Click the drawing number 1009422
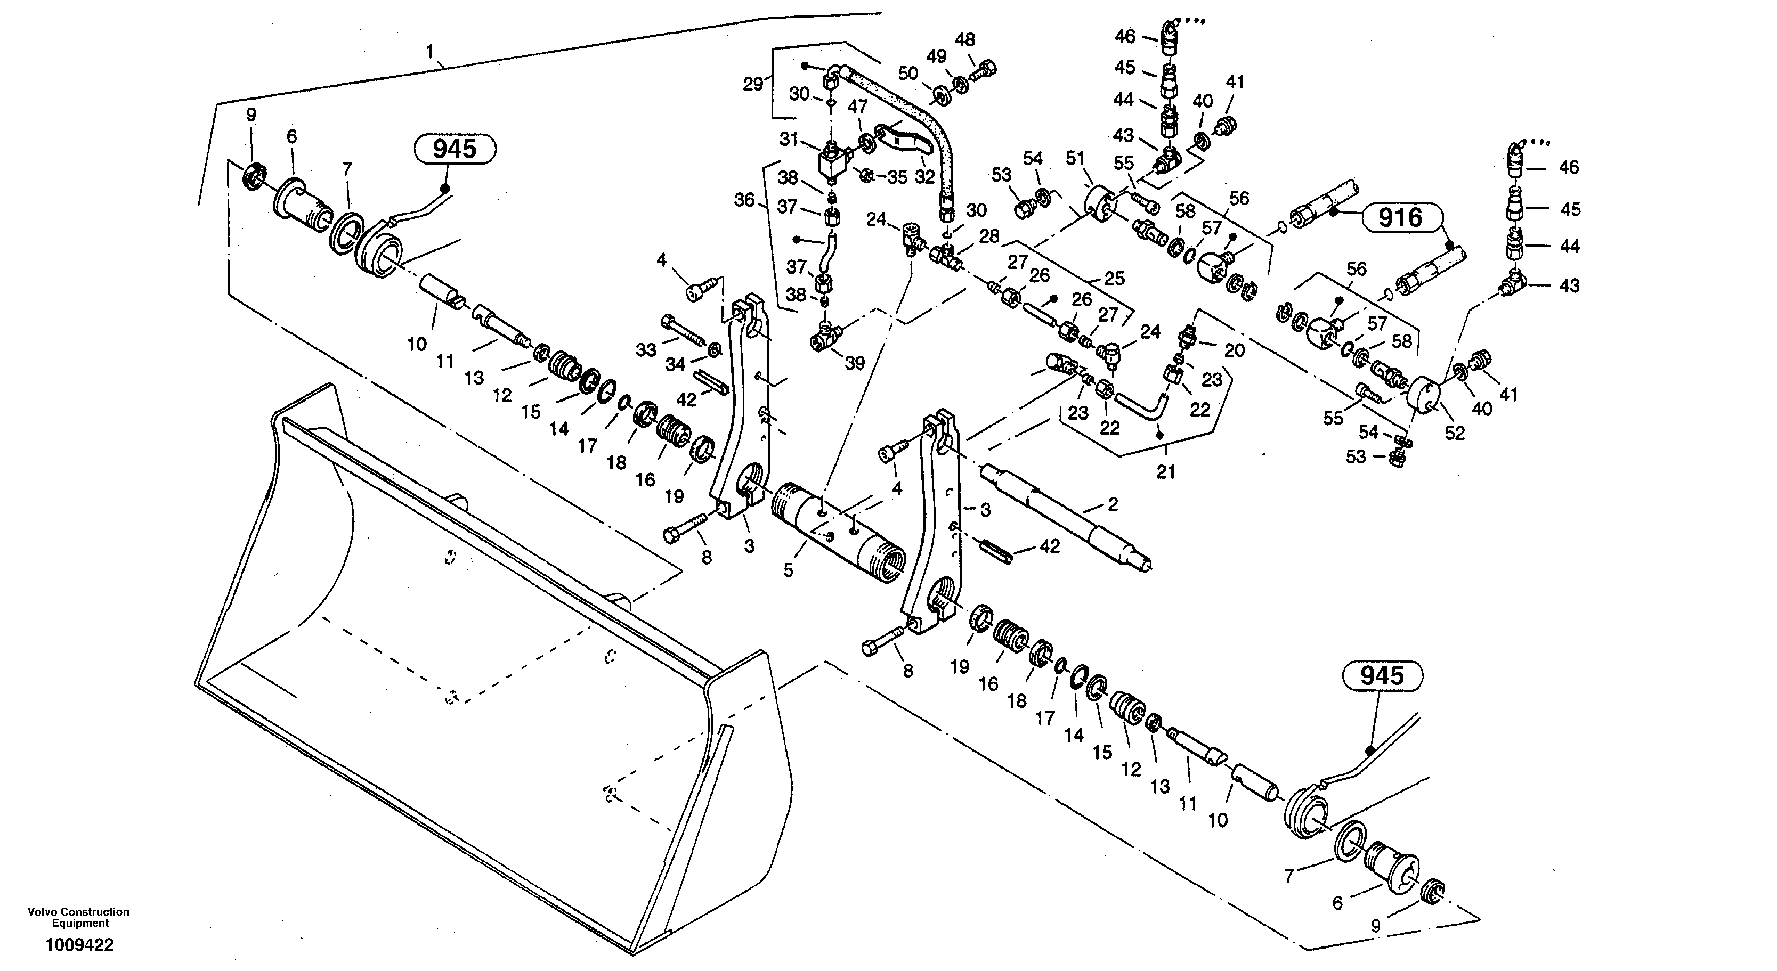pos(79,945)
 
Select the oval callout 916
pos(1401,218)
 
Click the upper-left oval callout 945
pos(455,149)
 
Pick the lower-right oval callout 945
pos(1382,676)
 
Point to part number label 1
pos(430,51)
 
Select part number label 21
pos(1165,472)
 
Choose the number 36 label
pos(744,200)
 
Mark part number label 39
pos(854,363)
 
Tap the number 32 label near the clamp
pos(924,176)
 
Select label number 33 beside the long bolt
pos(646,350)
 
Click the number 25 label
pos(1114,278)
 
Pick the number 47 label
pos(857,107)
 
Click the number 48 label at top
pos(965,40)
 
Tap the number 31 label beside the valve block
pos(789,140)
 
